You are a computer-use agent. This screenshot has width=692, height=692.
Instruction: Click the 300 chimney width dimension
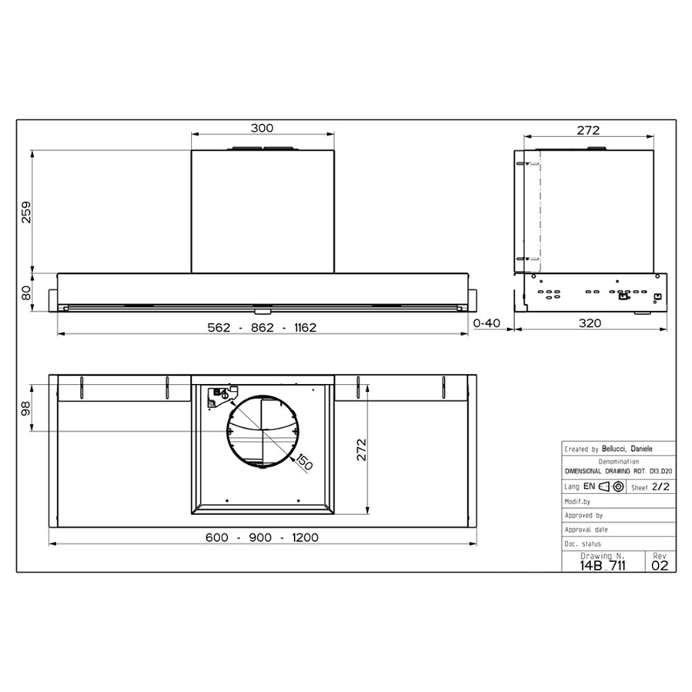262,128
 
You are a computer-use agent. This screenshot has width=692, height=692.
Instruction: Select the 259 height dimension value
25,211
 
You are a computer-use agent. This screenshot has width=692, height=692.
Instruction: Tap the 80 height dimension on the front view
25,293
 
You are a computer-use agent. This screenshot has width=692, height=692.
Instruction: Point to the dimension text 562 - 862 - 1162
262,326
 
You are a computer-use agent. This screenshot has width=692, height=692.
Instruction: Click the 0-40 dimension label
487,324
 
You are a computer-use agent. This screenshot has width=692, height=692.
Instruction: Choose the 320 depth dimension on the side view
589,324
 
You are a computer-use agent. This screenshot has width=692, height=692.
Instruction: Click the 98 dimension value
25,409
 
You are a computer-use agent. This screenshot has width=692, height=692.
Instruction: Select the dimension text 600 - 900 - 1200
262,537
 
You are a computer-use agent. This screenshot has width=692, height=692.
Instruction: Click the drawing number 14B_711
603,564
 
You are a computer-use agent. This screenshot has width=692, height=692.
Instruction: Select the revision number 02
660,564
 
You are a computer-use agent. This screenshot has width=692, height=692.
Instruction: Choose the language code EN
589,487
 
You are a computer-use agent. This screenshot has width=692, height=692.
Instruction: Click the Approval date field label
587,530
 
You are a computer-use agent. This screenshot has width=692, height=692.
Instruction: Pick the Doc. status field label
583,543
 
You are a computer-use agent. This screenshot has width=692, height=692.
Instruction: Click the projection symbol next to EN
610,487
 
